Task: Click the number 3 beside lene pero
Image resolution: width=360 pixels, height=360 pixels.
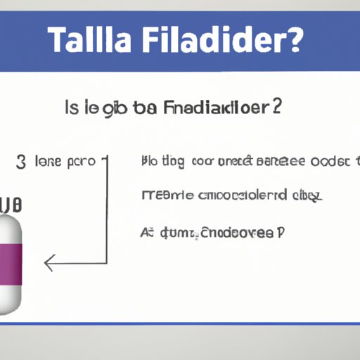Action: (21, 162)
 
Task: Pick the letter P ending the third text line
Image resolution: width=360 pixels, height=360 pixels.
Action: (281, 230)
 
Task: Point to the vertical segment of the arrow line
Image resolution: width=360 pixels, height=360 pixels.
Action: (106, 211)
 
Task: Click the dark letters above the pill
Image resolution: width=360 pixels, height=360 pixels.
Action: (10, 206)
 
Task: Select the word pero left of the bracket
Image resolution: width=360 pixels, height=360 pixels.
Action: (82, 162)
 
